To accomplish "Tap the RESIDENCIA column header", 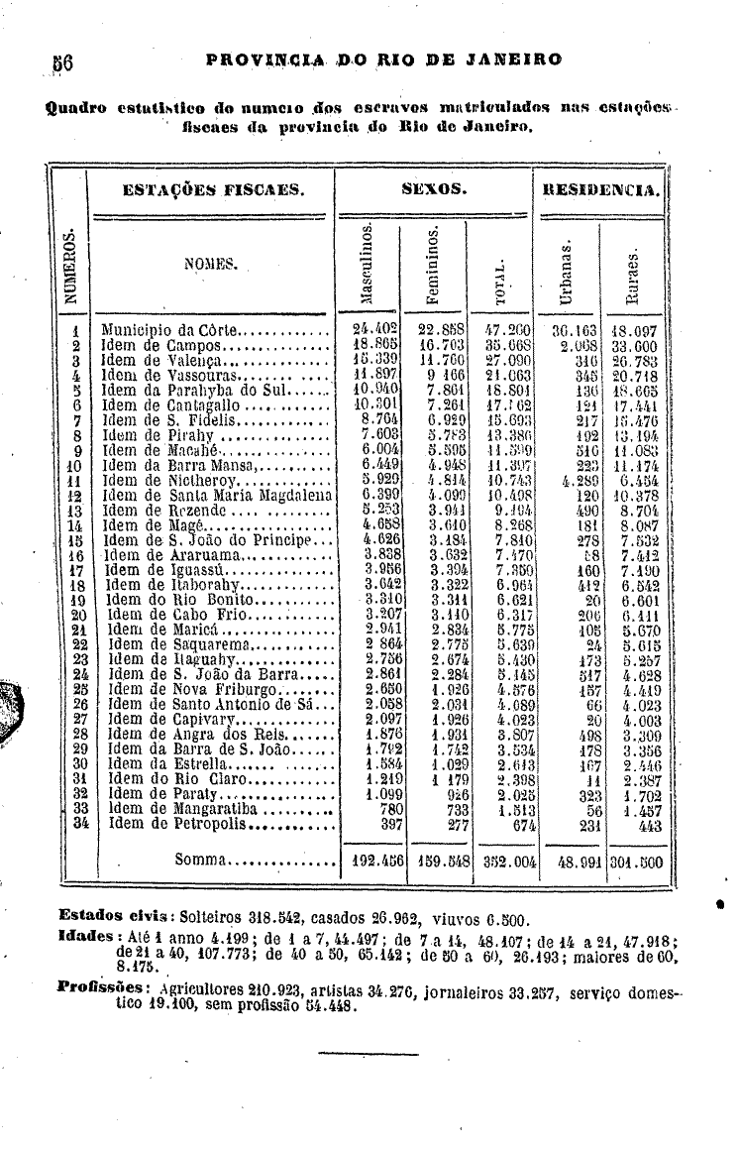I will click(x=599, y=188).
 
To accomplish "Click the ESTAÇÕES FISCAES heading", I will click(x=212, y=188).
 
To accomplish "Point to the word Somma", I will click(x=202, y=859).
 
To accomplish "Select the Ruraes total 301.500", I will click(x=635, y=861).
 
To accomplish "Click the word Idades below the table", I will click(x=84, y=936).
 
